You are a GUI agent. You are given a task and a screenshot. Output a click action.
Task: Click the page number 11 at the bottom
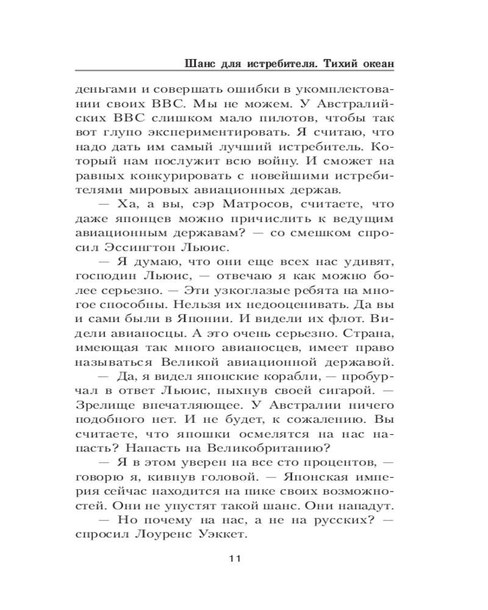coord(235,558)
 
